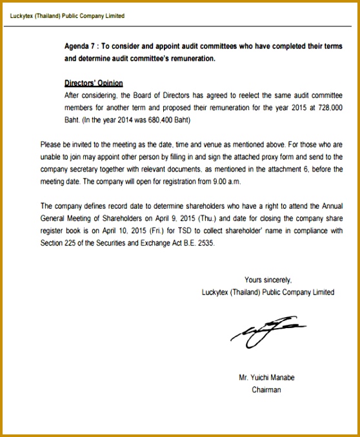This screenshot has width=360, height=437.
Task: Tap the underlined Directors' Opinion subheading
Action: (94, 83)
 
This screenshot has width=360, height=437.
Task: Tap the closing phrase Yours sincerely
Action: (268, 280)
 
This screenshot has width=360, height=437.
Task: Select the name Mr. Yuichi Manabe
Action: (266, 377)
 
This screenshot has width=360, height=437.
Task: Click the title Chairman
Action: (266, 390)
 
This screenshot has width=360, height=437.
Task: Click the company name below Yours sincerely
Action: (268, 292)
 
